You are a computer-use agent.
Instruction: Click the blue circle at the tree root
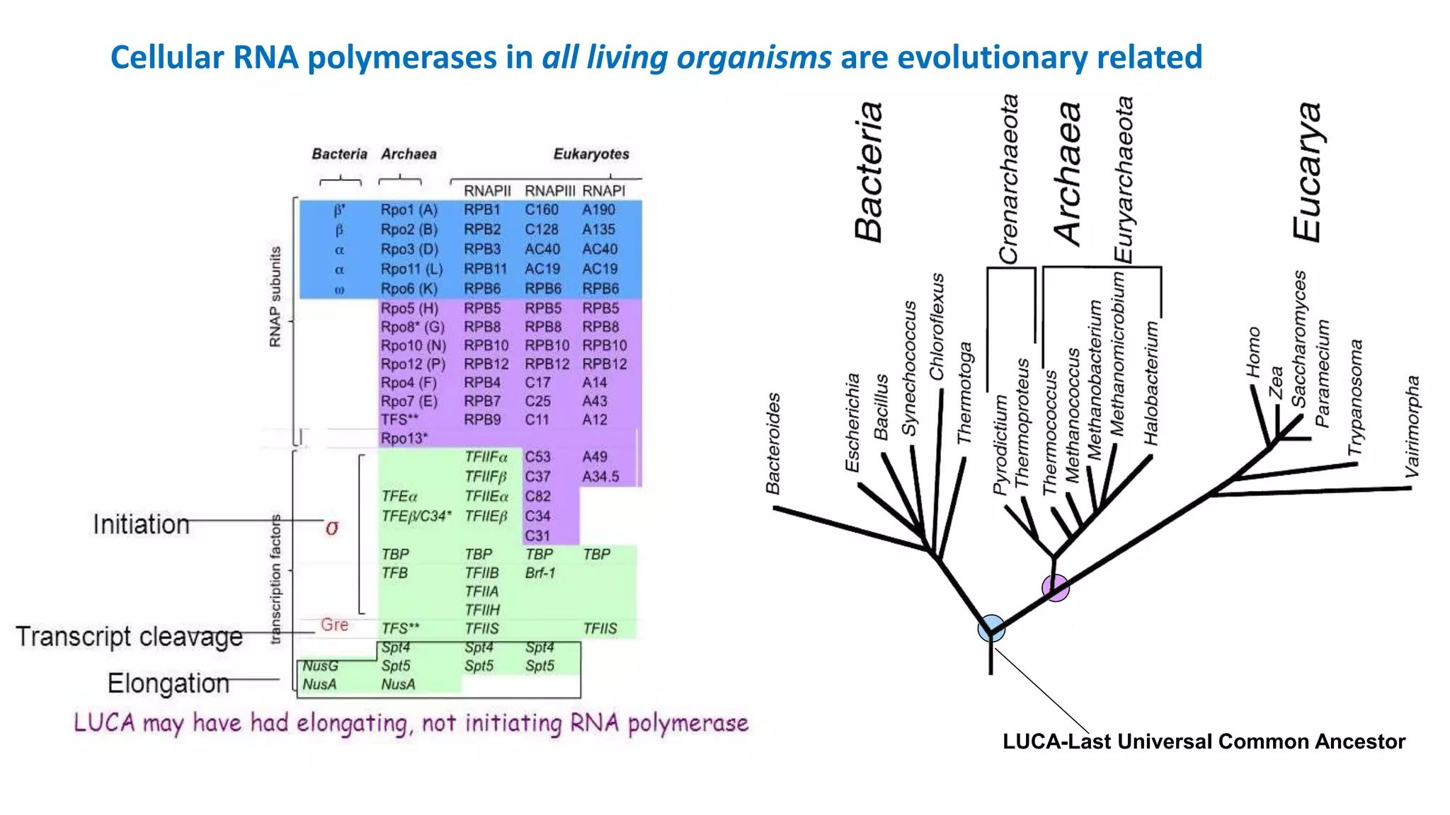(x=991, y=628)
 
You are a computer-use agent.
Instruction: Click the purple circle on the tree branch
(x=1055, y=587)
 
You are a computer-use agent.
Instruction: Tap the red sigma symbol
(x=332, y=528)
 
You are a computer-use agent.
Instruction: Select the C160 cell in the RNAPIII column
(x=542, y=210)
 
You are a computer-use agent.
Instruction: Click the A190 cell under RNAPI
(x=598, y=210)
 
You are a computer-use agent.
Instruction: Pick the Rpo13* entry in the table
(x=404, y=439)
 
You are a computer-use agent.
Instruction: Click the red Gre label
(x=334, y=625)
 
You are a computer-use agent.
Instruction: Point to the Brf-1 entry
(x=540, y=573)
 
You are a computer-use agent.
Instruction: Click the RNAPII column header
(x=487, y=191)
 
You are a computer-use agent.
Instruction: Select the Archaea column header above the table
(x=409, y=154)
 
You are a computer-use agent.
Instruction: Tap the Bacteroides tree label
(x=773, y=444)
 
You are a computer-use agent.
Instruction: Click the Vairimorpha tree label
(x=1412, y=426)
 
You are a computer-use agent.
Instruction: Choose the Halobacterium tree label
(x=1151, y=383)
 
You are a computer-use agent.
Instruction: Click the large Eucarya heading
(x=1307, y=172)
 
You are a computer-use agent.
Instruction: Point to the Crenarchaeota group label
(x=1008, y=180)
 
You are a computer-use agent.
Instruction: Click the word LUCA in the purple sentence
(x=104, y=722)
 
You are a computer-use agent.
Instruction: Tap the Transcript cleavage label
(x=129, y=636)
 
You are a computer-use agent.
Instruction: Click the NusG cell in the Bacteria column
(x=320, y=666)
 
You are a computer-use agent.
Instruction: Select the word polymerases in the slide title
(x=402, y=57)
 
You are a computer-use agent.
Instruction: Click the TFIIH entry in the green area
(x=482, y=610)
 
